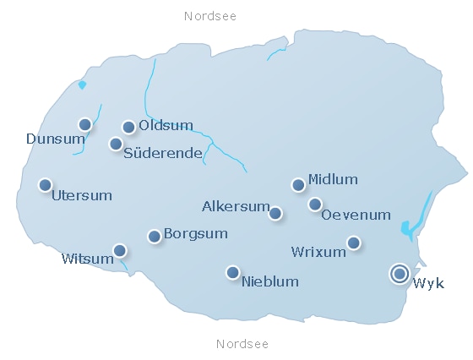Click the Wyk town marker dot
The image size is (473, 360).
(400, 274)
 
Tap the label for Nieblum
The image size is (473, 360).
(270, 281)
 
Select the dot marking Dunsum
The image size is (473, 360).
(84, 125)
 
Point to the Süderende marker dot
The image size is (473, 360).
(116, 144)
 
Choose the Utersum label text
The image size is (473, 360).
(82, 196)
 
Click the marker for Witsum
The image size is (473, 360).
(120, 250)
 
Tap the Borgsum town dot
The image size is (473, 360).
(155, 237)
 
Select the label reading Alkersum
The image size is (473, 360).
(235, 206)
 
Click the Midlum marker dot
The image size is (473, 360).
(298, 185)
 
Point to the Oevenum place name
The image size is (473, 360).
(356, 215)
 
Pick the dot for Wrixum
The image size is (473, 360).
(354, 243)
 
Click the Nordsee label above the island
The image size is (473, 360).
(210, 16)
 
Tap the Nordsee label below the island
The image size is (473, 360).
(242, 344)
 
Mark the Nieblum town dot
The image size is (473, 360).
(232, 272)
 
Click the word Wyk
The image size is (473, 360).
(428, 283)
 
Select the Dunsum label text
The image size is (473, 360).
(49, 139)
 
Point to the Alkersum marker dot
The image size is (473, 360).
(275, 213)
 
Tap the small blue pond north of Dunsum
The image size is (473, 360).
(82, 85)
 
